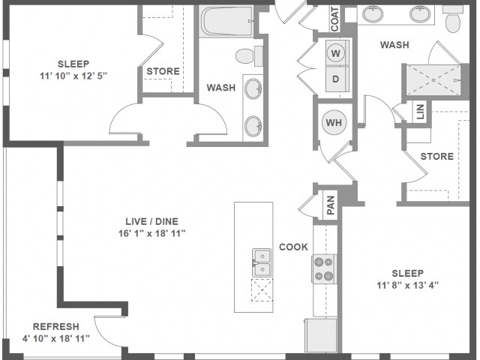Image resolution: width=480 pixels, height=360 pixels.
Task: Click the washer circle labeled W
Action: [335, 53]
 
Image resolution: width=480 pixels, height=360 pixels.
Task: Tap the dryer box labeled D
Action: [335, 78]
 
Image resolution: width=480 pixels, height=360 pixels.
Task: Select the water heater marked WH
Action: [333, 121]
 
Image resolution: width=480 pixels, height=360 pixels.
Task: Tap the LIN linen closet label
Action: [419, 112]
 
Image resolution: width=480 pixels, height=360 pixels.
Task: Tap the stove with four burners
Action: [323, 268]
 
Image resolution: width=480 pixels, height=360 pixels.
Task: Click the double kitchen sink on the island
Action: [262, 262]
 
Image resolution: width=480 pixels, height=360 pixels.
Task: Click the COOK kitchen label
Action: [293, 246]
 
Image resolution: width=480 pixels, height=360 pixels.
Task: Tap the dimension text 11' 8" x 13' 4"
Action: [407, 285]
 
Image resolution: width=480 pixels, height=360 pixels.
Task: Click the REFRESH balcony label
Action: [55, 326]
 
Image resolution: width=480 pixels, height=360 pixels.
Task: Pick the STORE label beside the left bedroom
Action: [163, 72]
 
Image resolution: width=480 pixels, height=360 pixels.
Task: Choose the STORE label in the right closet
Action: [436, 156]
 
